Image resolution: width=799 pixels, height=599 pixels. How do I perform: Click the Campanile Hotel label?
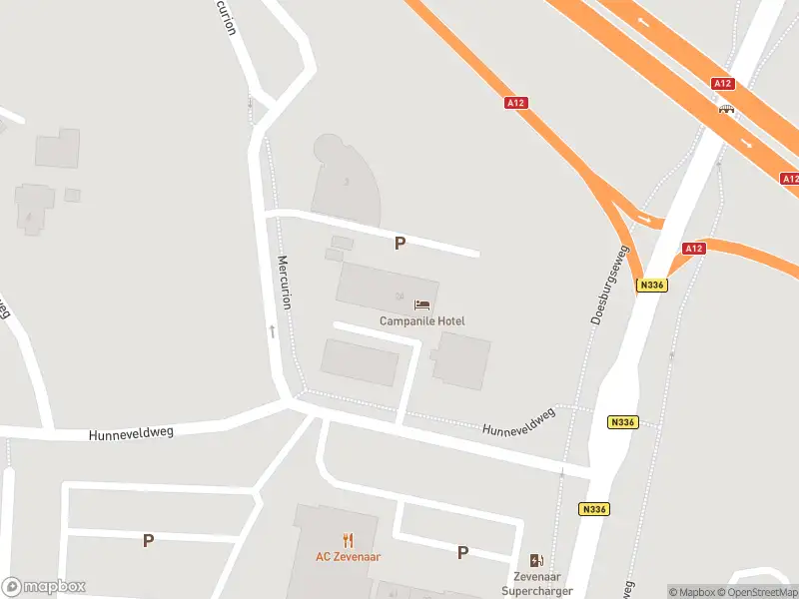421,321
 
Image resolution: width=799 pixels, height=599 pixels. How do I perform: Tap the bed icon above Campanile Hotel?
421,304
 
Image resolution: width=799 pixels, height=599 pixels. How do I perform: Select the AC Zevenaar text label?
349,557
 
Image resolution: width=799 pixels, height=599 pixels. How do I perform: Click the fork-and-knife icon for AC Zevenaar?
349,541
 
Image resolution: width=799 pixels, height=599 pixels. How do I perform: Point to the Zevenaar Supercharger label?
536,584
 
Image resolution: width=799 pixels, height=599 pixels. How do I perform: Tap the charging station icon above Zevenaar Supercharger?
536,561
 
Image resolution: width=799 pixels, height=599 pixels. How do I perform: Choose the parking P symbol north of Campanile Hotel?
400,243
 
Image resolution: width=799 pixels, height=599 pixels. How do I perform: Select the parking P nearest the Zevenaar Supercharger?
462,552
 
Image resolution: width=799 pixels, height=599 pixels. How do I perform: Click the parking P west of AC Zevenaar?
148,541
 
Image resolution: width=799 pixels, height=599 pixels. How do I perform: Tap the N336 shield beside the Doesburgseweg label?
651,286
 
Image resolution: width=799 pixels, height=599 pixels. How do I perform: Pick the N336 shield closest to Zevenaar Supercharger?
593,509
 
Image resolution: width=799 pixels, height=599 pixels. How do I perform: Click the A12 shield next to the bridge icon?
723,84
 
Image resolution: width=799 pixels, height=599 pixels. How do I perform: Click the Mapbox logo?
44,587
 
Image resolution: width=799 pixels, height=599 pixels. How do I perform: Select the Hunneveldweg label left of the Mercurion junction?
131,433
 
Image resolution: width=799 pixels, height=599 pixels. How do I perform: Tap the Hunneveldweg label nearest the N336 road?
518,423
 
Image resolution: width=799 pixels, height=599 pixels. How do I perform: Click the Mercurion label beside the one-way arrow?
284,283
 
